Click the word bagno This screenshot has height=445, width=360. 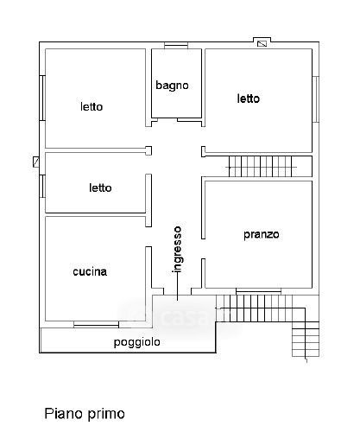click(x=172, y=86)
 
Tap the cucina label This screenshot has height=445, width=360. click(x=90, y=271)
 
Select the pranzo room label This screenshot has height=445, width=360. click(x=262, y=234)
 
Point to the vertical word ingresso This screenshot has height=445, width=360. click(x=177, y=250)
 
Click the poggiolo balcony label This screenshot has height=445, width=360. click(x=137, y=342)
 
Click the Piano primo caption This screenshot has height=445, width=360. click(x=85, y=414)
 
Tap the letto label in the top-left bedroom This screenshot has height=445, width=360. click(x=92, y=106)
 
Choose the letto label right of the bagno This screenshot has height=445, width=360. click(x=249, y=99)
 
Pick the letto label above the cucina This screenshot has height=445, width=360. click(x=100, y=188)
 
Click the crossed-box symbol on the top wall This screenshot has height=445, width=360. click(x=262, y=43)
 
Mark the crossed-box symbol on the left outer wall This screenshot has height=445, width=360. click(x=36, y=162)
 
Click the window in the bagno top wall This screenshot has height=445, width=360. click(x=176, y=45)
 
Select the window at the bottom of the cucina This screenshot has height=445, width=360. click(x=96, y=324)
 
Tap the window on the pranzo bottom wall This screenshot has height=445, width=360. click(x=258, y=291)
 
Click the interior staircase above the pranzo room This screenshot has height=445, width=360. click(x=261, y=167)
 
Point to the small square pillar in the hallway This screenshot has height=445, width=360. click(x=148, y=150)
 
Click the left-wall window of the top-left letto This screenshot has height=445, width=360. click(x=42, y=98)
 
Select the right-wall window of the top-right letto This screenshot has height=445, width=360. click(x=316, y=99)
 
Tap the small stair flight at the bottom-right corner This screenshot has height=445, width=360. click(x=306, y=340)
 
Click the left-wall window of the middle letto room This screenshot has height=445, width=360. click(x=42, y=186)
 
